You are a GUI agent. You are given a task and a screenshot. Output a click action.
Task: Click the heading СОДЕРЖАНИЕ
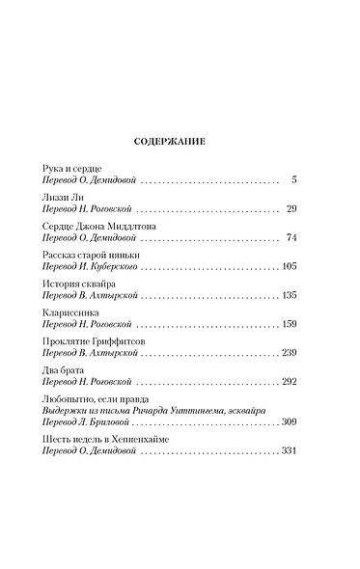(180, 140)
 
